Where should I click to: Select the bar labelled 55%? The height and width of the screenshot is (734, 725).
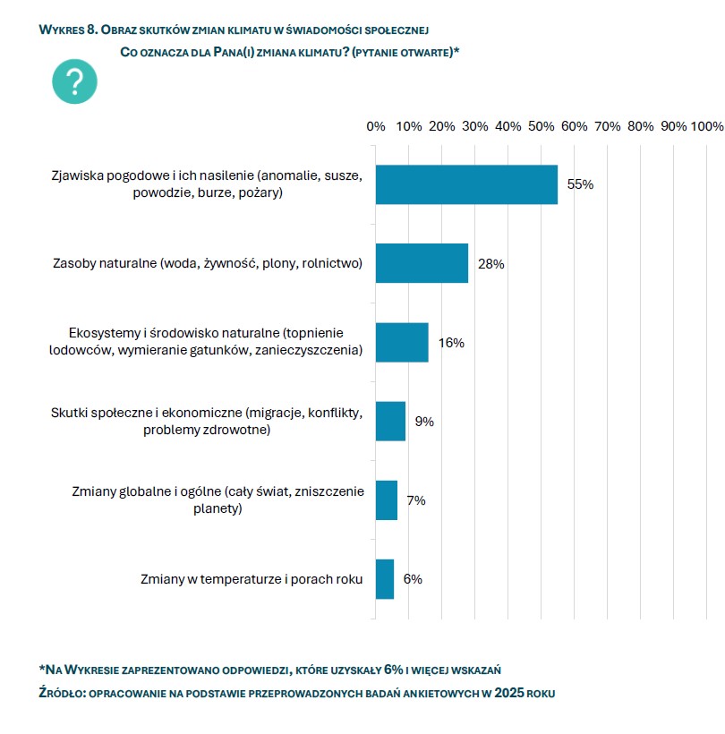point(466,184)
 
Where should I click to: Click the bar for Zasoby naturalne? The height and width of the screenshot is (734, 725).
point(422,263)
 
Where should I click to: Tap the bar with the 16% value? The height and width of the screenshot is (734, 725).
point(402,342)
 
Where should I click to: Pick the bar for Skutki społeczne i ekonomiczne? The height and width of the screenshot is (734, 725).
point(390,421)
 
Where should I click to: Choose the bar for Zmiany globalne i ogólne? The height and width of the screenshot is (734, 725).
point(387,500)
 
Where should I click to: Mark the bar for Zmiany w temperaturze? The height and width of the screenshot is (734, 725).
point(385,579)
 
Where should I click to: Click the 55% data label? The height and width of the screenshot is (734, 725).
point(580,184)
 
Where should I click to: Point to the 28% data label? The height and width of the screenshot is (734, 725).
point(490,264)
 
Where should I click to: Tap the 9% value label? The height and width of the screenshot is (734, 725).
point(423,422)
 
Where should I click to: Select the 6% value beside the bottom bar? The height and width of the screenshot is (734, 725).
point(413,579)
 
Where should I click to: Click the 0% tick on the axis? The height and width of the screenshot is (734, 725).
point(376,127)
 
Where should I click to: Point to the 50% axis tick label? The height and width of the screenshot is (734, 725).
point(542,127)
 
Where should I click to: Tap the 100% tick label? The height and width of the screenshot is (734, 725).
point(706,127)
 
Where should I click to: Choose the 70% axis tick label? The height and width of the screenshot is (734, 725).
point(608,127)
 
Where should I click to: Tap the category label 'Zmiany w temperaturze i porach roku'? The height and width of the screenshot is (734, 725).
point(252,579)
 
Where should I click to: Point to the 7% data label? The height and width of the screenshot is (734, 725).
point(416,500)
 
